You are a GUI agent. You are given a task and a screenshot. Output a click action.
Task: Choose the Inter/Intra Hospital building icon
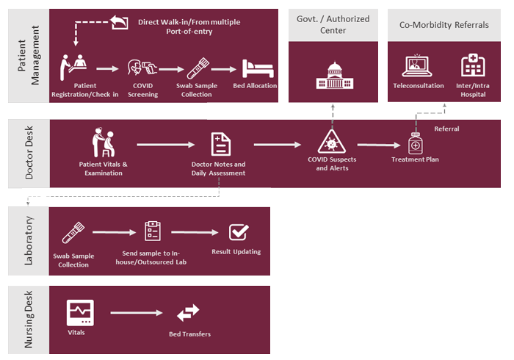471,66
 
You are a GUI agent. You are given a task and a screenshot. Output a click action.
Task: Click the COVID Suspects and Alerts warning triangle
332,142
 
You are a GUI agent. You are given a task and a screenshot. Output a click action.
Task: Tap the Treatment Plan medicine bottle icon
415,143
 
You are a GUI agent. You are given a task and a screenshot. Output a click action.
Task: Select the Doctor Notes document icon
218,143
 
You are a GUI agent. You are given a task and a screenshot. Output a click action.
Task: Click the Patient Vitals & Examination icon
103,142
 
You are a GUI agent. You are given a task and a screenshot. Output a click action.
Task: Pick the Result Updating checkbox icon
239,232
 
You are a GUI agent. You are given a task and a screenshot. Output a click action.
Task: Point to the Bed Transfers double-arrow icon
188,314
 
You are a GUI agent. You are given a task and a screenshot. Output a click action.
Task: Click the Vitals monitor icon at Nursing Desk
79,312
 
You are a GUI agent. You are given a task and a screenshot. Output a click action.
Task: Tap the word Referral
446,129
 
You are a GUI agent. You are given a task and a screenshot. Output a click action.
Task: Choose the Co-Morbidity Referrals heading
444,25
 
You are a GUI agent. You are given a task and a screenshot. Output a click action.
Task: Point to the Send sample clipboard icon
153,231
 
